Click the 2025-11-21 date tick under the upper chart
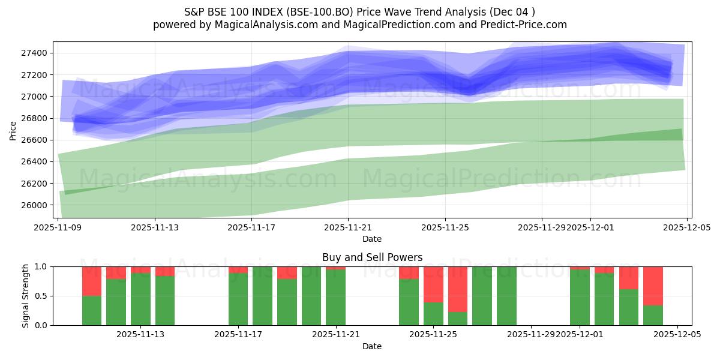(348, 227)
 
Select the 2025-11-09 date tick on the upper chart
(58, 227)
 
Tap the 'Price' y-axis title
(13, 130)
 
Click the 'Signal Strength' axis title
(26, 296)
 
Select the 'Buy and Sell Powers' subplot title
(372, 257)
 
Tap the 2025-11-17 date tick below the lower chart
(238, 335)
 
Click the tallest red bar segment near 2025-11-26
(458, 289)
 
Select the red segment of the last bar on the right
(653, 286)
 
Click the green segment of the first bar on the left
(92, 310)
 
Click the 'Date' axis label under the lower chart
(372, 346)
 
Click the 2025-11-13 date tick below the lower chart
(140, 335)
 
